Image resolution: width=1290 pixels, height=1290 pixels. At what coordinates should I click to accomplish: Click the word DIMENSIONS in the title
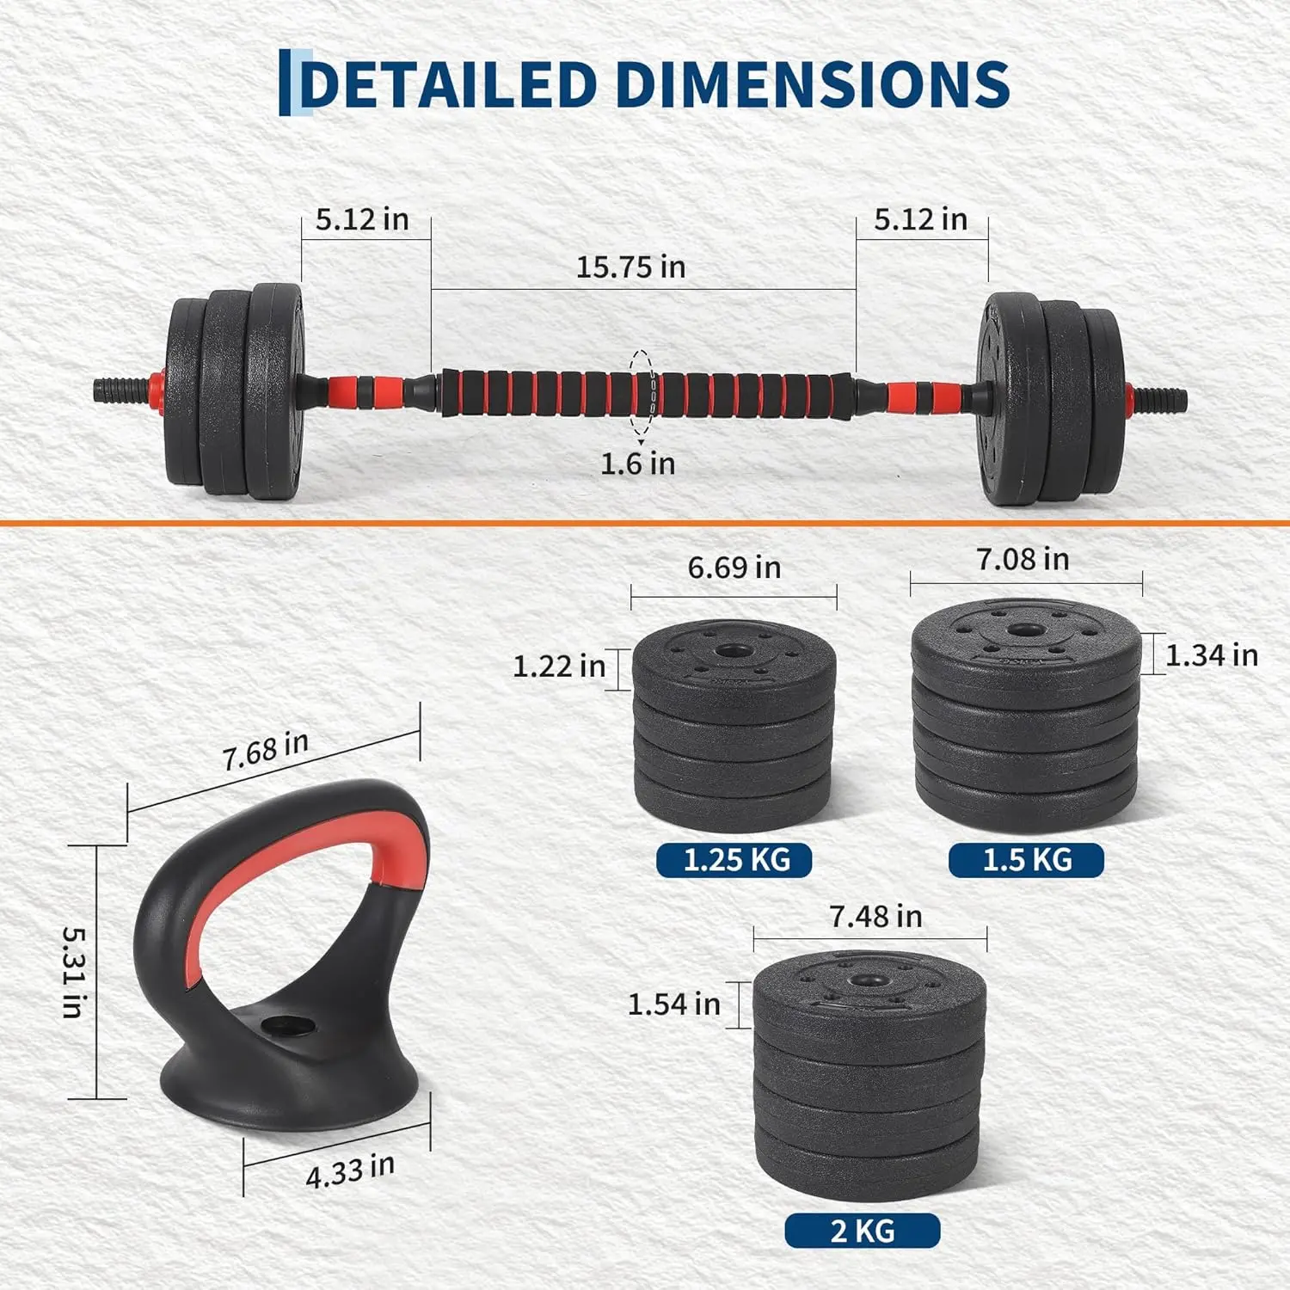(x=813, y=84)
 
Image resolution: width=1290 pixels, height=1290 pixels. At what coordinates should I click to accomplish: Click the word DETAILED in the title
(x=448, y=84)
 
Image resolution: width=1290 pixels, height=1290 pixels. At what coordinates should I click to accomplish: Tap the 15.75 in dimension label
(x=630, y=267)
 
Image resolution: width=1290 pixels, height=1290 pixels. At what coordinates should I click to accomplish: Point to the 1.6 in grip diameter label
(x=637, y=464)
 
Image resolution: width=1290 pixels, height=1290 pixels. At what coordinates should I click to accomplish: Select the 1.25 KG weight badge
(x=734, y=860)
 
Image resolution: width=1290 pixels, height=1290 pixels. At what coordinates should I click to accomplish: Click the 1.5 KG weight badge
(x=1026, y=860)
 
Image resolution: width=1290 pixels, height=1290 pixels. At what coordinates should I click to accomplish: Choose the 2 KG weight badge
(x=863, y=1231)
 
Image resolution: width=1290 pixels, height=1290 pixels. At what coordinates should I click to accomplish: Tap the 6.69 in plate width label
(x=734, y=568)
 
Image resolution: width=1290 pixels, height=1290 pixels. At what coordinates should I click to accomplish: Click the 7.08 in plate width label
(x=1023, y=560)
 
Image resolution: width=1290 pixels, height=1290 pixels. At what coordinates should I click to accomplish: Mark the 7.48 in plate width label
(x=875, y=917)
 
